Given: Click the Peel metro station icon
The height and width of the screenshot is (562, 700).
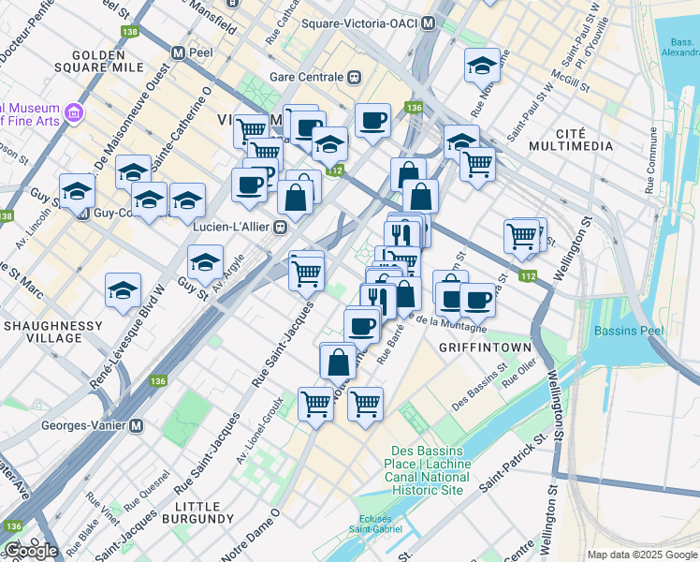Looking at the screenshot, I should [x=177, y=52].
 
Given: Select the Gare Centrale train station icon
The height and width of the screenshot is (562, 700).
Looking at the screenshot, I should [x=354, y=76].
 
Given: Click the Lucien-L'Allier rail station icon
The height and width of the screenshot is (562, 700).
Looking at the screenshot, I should [x=279, y=226].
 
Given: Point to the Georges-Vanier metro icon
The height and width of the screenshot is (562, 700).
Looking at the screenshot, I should [x=136, y=424].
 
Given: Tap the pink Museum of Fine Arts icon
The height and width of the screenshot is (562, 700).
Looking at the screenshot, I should [x=74, y=113].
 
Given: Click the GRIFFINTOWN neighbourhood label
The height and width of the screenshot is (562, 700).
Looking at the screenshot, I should [x=486, y=347].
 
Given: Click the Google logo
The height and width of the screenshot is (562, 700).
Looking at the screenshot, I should [x=31, y=551].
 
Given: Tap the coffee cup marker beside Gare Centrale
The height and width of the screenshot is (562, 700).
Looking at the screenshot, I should [x=372, y=121].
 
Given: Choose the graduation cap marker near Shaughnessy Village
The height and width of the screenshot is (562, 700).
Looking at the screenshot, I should [x=123, y=290].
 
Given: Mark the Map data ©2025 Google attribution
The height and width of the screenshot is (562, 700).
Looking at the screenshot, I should [x=641, y=555].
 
